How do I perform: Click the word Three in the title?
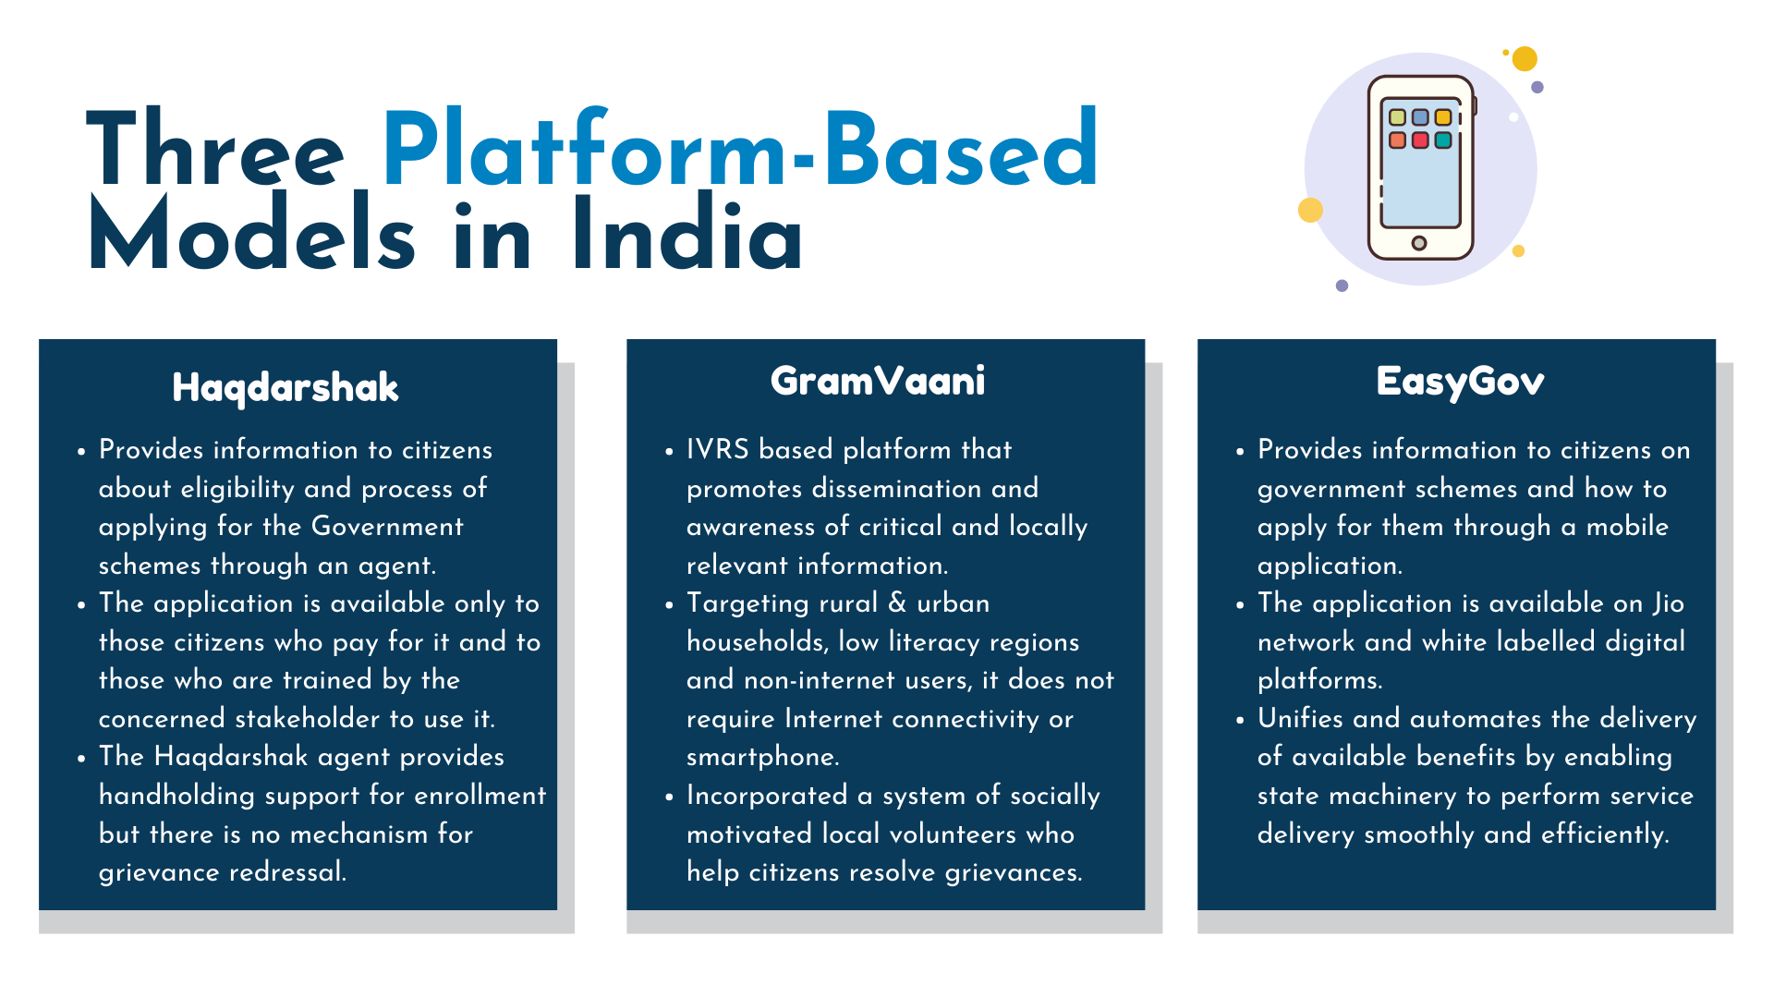click(x=215, y=148)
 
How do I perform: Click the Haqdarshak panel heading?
click(x=286, y=388)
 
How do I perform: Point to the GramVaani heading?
click(x=878, y=381)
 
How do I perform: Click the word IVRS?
click(x=718, y=450)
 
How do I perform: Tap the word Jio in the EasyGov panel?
click(x=1669, y=604)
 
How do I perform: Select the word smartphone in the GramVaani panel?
click(x=762, y=758)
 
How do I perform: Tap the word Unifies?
click(x=1300, y=719)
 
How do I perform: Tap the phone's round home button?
click(x=1419, y=243)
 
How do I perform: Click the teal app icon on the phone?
click(x=1443, y=140)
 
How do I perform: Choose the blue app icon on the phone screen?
click(x=1420, y=117)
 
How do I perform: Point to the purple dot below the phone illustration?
click(x=1343, y=286)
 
